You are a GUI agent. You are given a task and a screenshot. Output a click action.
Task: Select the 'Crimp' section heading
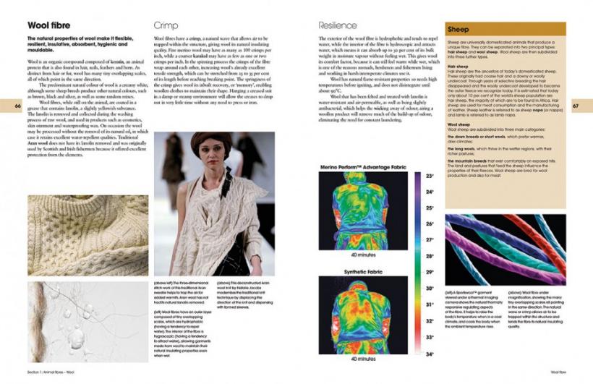click(x=166, y=26)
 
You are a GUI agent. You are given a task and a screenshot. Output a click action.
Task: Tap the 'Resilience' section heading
click(x=336, y=26)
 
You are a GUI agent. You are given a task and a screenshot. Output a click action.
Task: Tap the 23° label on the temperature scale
click(x=430, y=176)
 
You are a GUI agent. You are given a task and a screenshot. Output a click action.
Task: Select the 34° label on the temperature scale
click(x=430, y=354)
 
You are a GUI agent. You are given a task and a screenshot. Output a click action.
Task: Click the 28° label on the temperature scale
click(x=430, y=256)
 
